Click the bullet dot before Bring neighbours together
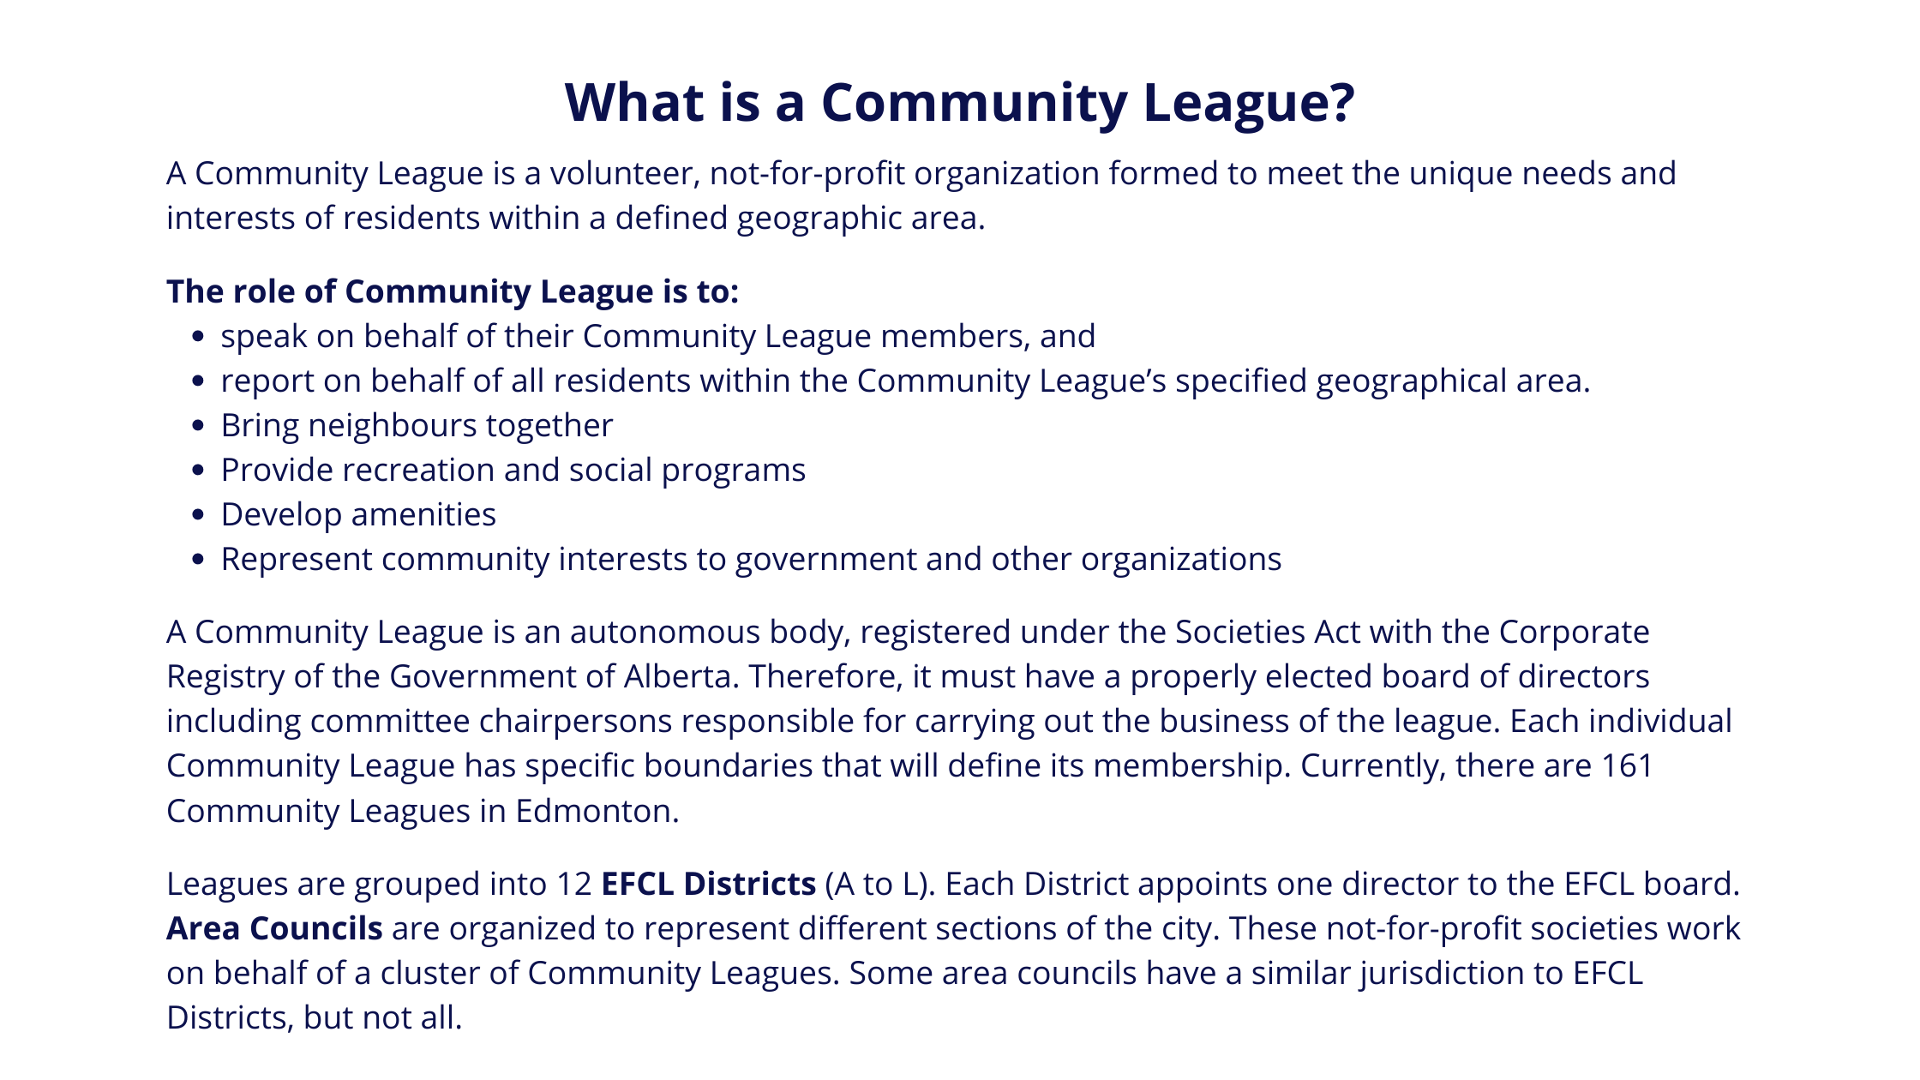coord(199,426)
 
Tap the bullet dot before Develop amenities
coord(199,515)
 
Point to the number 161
coord(1626,766)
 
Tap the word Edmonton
coord(597,812)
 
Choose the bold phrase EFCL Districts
coord(708,885)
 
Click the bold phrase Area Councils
coord(274,929)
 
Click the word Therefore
coord(822,677)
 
